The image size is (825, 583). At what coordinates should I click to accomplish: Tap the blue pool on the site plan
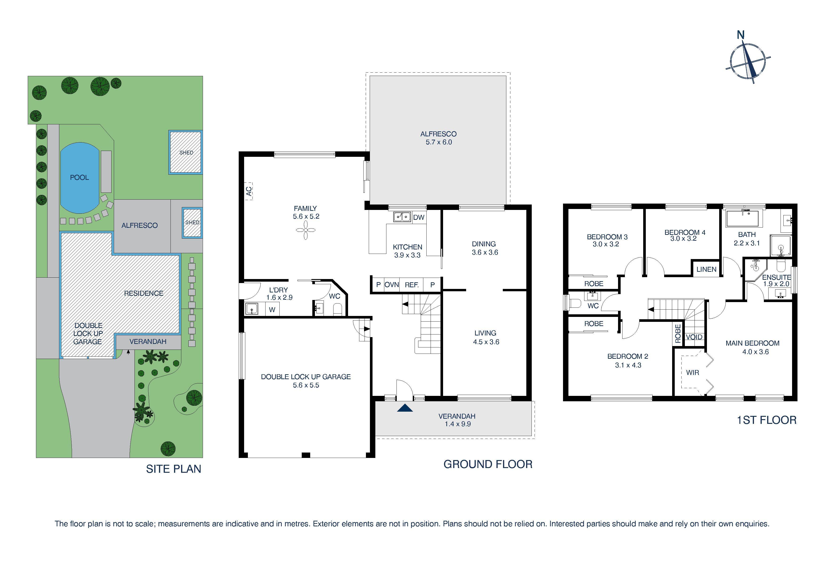coord(79,177)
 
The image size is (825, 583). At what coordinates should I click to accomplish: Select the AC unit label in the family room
coord(249,191)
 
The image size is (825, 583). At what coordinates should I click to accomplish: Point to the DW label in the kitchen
coord(419,217)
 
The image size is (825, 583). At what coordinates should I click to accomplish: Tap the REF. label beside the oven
coord(412,285)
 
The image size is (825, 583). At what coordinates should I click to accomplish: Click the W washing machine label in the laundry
coord(272,310)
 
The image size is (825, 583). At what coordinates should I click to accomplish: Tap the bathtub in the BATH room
coord(742,219)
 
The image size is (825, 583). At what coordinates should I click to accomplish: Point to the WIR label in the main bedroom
coord(692,373)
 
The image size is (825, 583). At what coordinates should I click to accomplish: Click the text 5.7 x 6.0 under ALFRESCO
coord(439,142)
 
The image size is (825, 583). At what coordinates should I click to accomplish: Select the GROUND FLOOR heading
coord(488,464)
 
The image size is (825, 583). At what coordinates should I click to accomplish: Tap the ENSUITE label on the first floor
coord(776,277)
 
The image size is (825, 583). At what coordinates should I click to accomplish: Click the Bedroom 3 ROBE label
coord(594,284)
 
